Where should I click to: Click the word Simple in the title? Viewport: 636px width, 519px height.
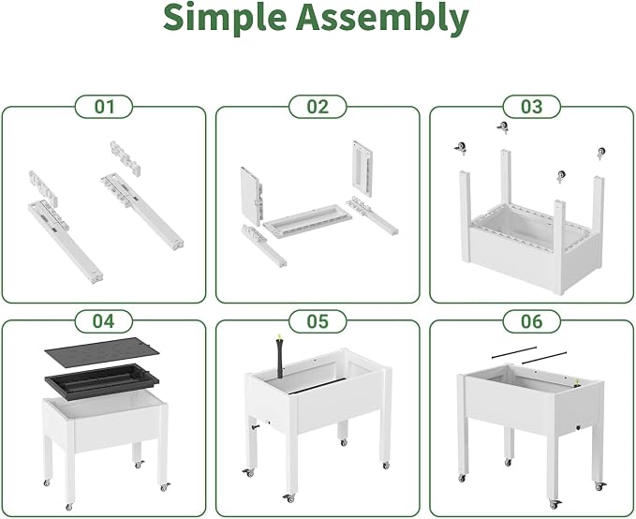(225, 19)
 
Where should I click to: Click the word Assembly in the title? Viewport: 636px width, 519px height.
(382, 19)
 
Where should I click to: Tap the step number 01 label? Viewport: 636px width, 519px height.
(104, 107)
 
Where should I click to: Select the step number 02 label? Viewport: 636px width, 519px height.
(318, 107)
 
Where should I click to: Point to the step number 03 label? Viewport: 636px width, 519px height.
(531, 107)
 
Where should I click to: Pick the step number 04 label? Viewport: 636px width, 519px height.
(104, 321)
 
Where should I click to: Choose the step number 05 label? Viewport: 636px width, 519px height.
(318, 321)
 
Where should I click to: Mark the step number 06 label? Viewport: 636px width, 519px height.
(531, 321)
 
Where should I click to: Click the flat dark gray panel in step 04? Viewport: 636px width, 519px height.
(101, 352)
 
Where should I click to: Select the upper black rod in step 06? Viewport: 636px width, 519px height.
(514, 352)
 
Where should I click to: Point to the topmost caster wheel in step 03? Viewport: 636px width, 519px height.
(503, 127)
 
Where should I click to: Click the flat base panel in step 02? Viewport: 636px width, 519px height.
(307, 221)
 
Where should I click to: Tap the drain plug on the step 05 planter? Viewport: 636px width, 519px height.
(256, 427)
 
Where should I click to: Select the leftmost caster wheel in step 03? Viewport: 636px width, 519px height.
(460, 148)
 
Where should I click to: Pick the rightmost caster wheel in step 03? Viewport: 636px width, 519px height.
(600, 154)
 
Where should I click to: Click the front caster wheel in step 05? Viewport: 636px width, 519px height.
(288, 497)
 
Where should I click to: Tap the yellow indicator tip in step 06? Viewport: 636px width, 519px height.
(575, 381)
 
